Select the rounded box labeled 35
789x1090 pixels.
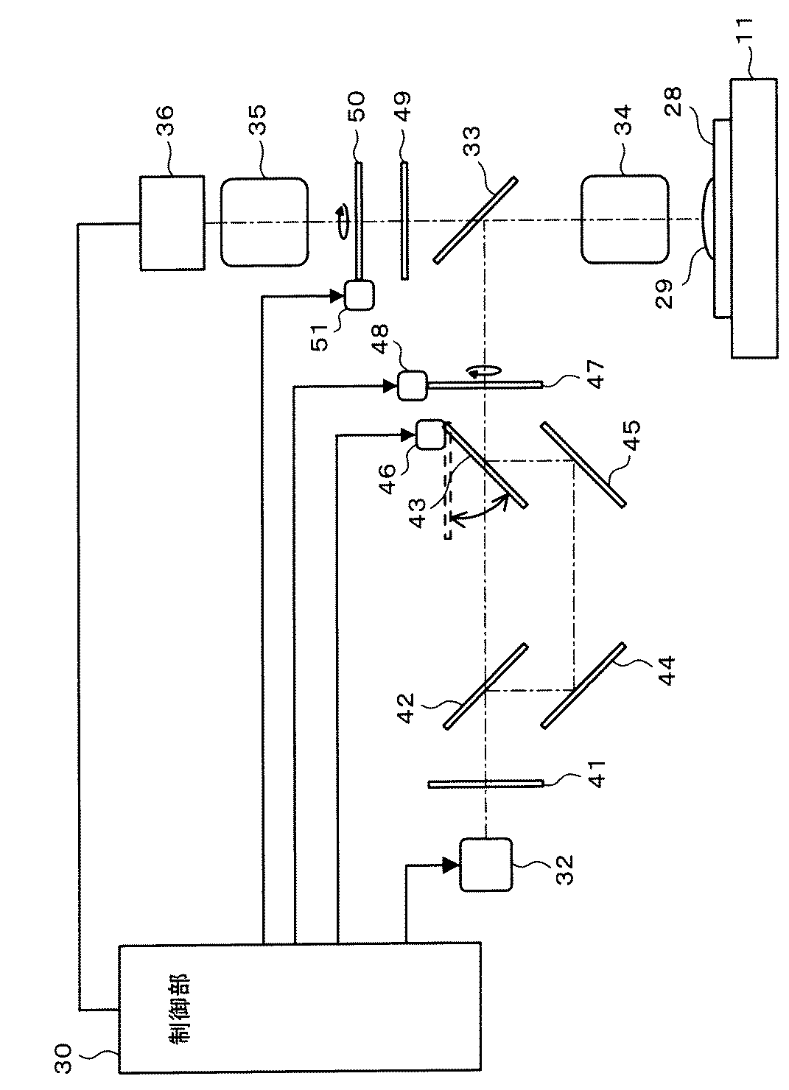coord(263,221)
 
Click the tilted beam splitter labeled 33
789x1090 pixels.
coord(475,219)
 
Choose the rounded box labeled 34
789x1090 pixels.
coord(624,219)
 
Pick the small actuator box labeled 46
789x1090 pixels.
coord(431,435)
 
